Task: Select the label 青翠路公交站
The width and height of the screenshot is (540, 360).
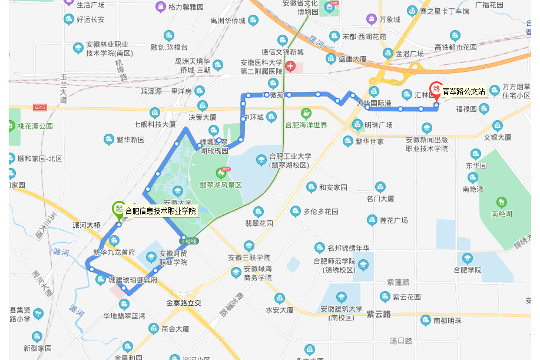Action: point(464,91)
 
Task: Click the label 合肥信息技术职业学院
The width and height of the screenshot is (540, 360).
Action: point(160,212)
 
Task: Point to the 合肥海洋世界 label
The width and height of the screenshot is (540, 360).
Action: point(306,125)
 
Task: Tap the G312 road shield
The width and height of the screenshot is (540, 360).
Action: point(40,107)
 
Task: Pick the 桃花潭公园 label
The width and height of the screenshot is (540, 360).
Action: point(35,126)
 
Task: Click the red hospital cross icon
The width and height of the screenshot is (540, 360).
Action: point(290,64)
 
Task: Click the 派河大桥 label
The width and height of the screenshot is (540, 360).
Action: point(87,224)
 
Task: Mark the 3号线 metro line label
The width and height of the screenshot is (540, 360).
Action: point(189,241)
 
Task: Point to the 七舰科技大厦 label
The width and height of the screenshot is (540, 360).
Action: point(155,124)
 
